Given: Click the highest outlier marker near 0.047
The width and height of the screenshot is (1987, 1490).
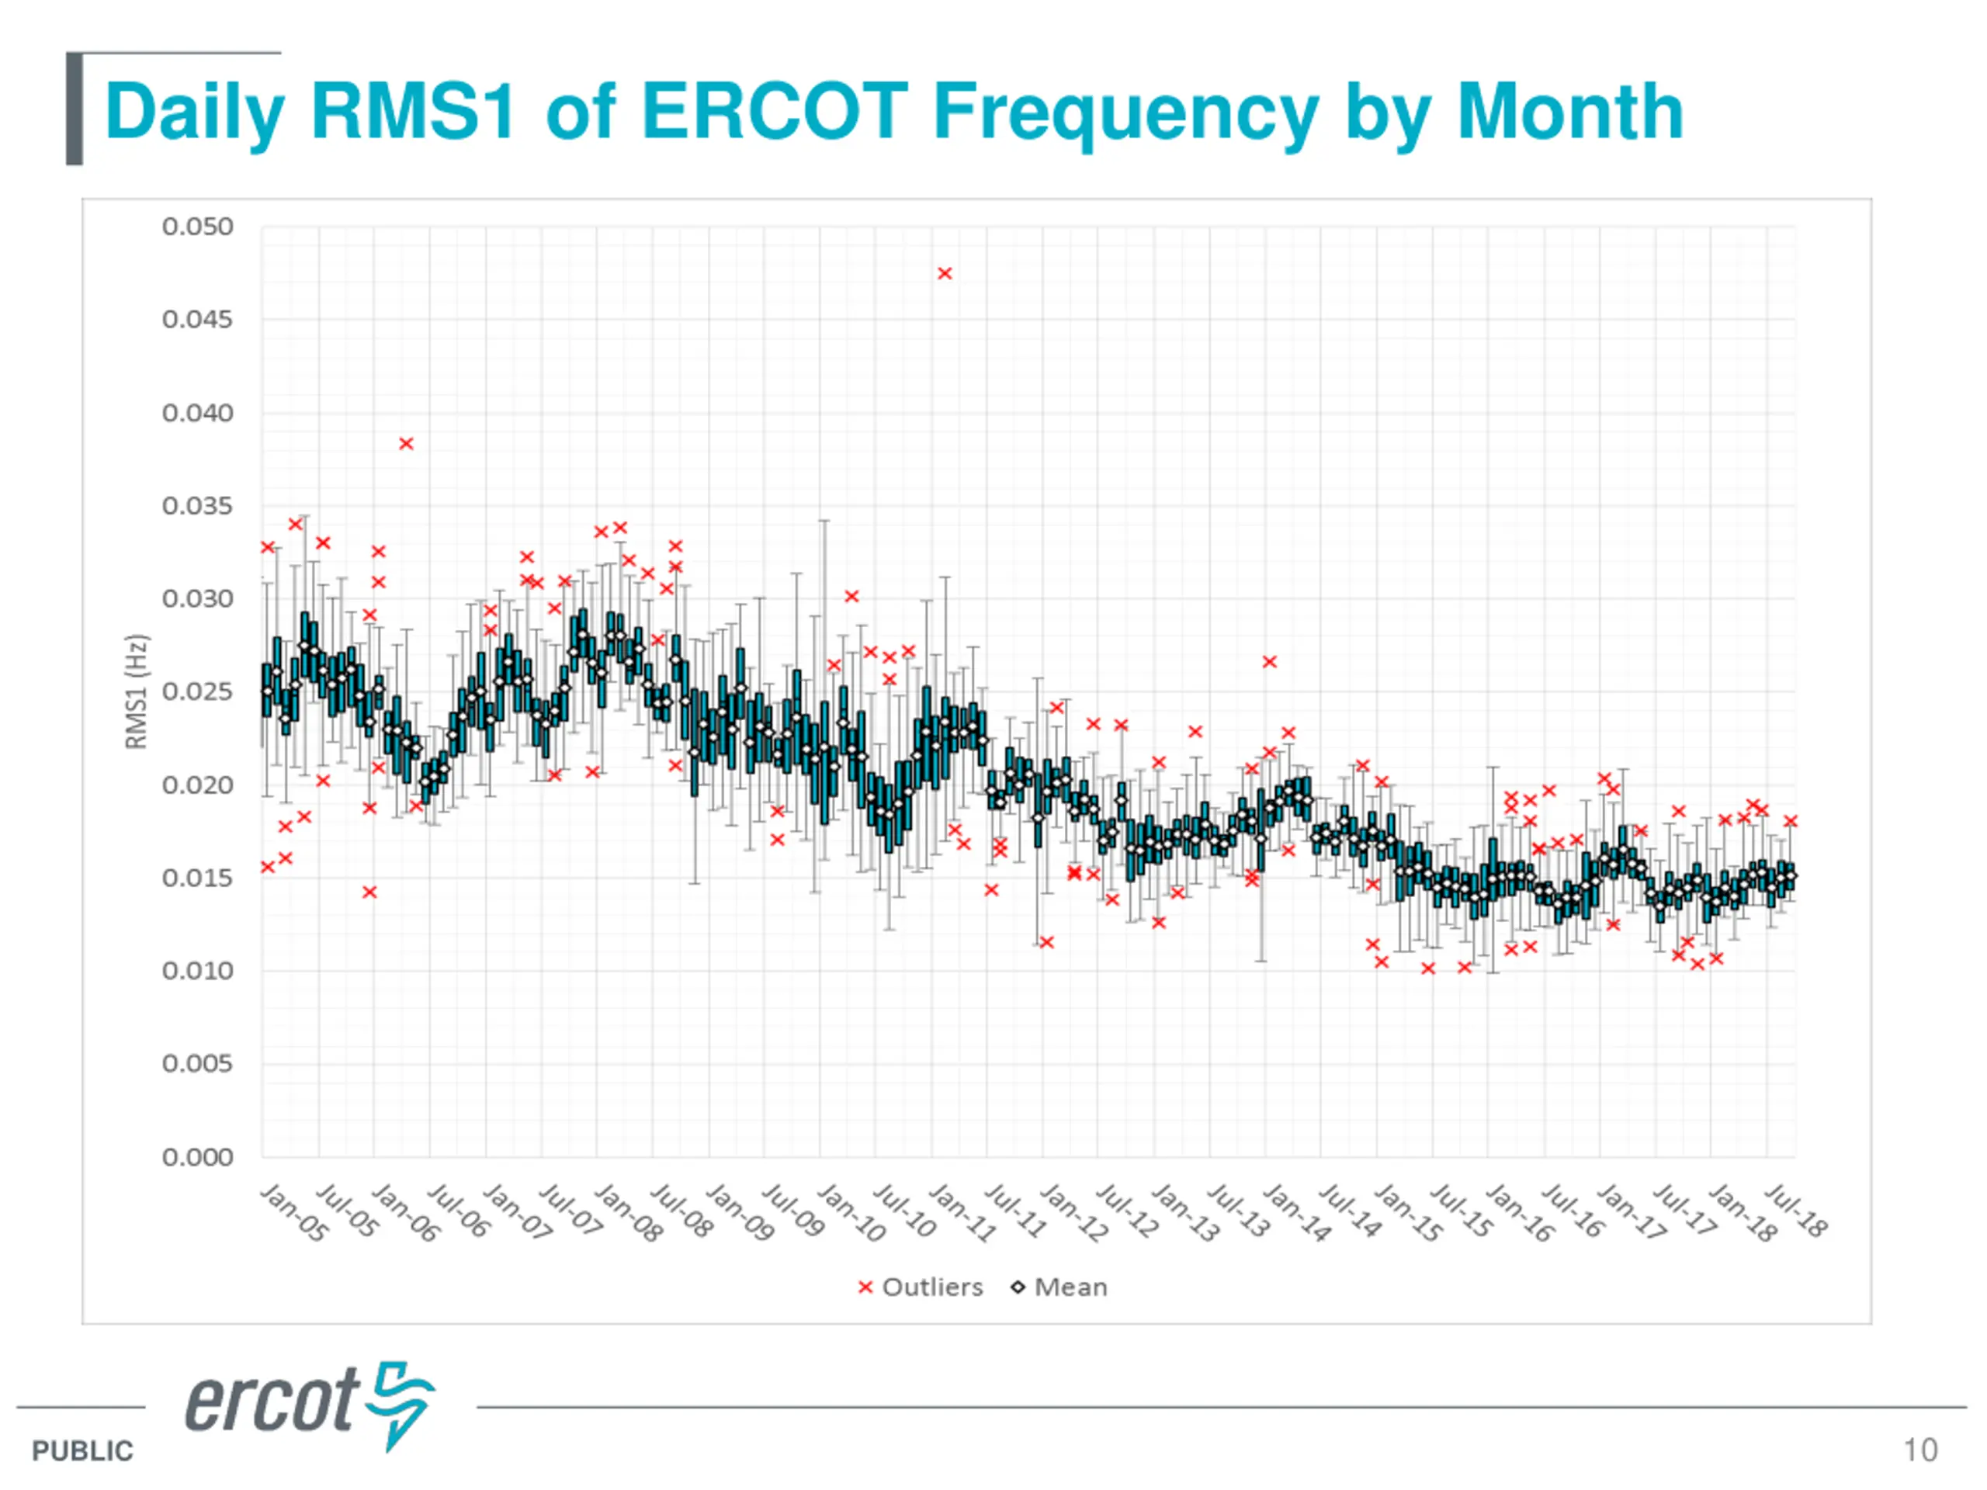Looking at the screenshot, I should coord(944,274).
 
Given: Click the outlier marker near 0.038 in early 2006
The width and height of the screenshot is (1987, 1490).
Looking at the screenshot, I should coord(406,444).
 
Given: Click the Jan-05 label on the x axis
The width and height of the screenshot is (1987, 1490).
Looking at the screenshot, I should coord(293,1212).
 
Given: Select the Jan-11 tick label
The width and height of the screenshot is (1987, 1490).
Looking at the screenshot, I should coord(962,1212).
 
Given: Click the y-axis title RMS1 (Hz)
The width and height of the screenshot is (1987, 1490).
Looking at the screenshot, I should coord(136,691).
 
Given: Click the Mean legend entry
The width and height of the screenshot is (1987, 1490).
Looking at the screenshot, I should coord(1060,1287).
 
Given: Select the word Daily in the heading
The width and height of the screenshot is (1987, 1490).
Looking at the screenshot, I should coord(195,113).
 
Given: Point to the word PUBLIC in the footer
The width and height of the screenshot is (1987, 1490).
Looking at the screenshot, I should coord(82,1450).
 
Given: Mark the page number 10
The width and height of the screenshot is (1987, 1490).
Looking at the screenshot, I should coord(1919,1450).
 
